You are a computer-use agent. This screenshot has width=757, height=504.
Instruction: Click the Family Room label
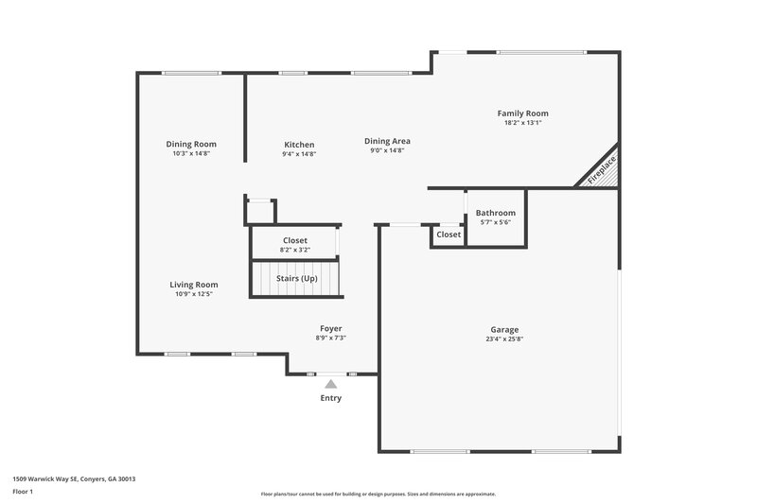point(523,113)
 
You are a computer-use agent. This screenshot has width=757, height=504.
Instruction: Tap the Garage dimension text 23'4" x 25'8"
point(504,339)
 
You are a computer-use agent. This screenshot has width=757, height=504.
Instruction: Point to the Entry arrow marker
point(330,384)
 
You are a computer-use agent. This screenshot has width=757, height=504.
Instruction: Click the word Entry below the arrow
point(330,398)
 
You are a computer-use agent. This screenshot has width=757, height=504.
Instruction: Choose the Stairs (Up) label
point(296,278)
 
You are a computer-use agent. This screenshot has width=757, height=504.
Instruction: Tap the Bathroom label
point(495,213)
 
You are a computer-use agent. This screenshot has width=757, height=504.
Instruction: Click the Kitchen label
point(299,145)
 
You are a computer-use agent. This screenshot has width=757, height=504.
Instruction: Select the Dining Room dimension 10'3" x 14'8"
point(191,153)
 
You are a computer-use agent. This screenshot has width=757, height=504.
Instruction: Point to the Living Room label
point(194,285)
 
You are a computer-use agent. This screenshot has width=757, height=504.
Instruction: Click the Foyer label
point(330,328)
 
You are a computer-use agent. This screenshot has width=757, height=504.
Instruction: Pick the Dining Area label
point(387,141)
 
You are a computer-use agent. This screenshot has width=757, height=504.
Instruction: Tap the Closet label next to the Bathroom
point(449,234)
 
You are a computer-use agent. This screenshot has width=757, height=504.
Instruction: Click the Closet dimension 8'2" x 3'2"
point(294,250)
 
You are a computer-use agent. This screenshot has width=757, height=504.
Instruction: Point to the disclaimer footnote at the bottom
point(378,494)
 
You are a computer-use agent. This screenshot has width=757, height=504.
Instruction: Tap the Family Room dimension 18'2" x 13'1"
point(523,123)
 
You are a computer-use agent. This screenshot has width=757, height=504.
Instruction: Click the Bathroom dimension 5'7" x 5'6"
point(495,222)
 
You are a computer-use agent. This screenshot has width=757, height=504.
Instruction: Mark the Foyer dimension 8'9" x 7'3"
point(330,338)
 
